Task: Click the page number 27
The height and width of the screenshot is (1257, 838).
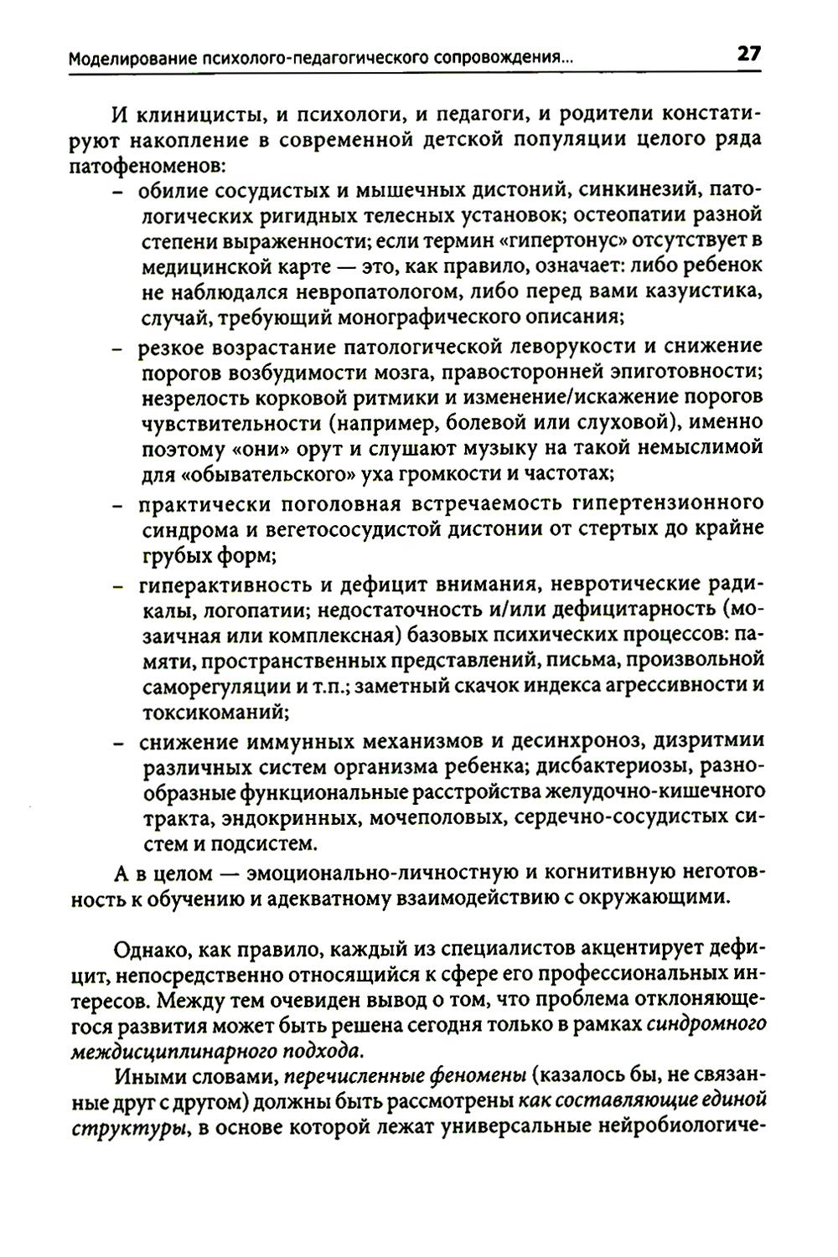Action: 748,54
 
